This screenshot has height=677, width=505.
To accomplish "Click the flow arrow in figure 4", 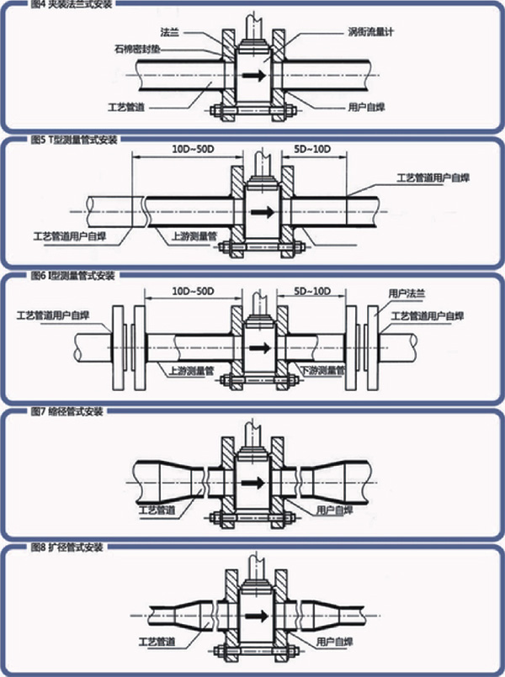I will tap(252, 76).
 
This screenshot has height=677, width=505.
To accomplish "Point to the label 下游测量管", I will tap(324, 370).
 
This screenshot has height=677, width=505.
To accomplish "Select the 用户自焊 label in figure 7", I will tap(333, 510).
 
